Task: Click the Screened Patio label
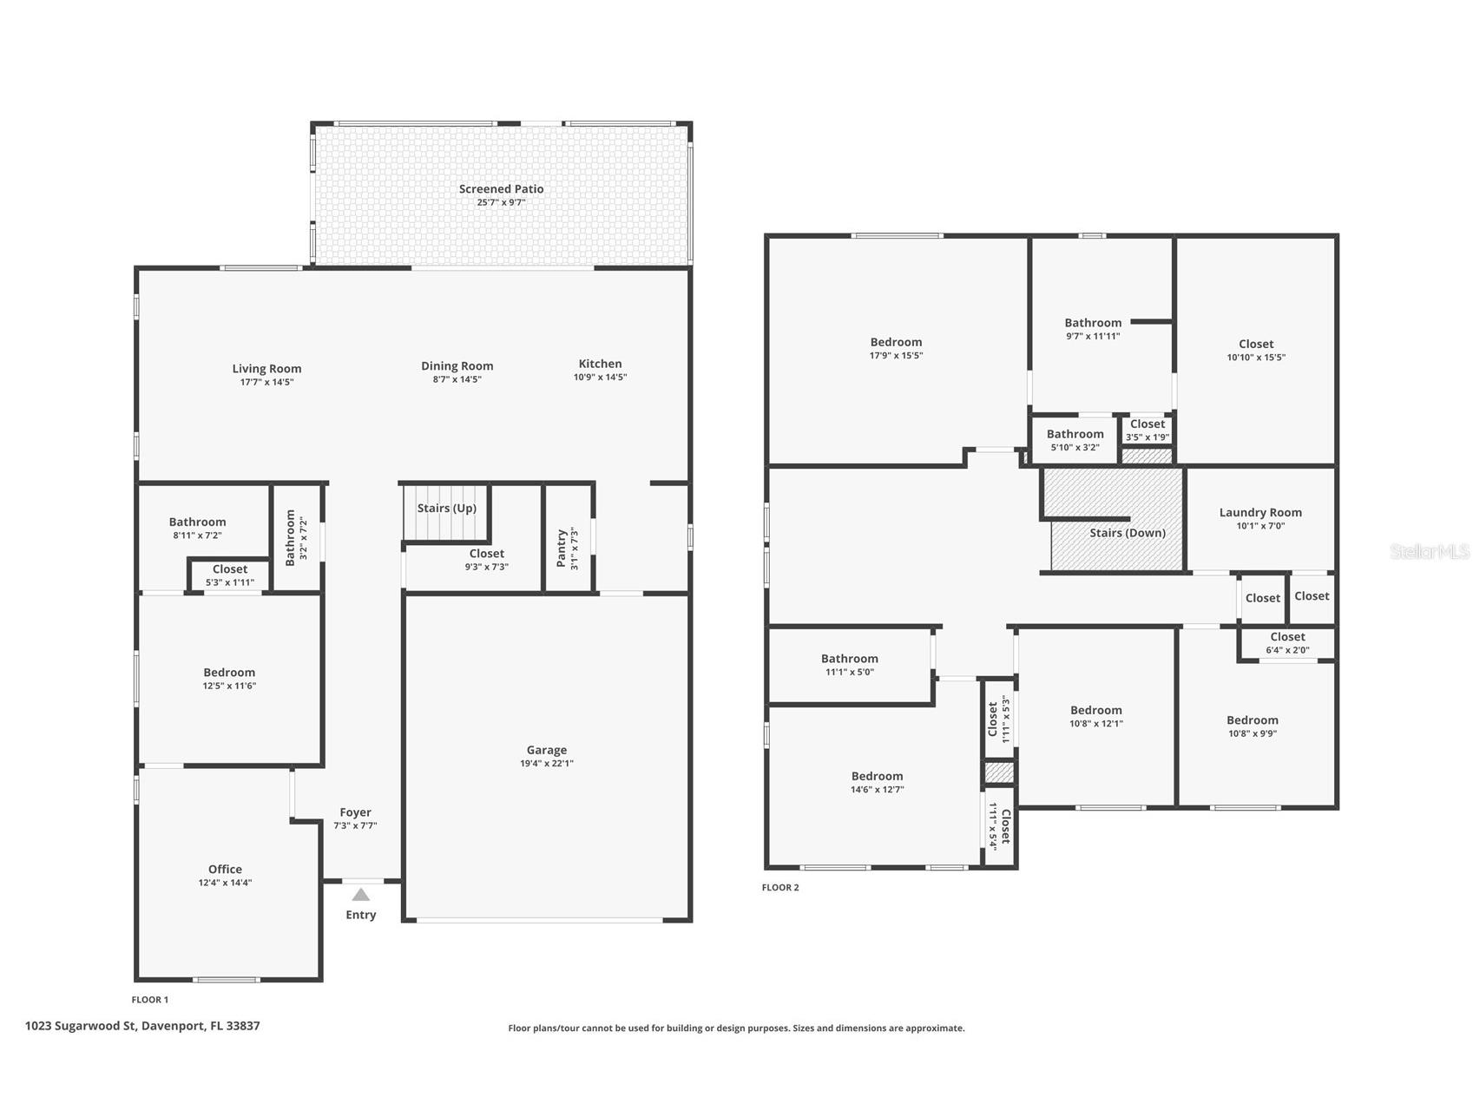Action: (x=501, y=189)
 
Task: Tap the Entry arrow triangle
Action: (x=361, y=895)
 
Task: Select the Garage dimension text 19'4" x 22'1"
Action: (x=546, y=764)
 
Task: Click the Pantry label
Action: (x=562, y=549)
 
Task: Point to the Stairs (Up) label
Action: (x=446, y=509)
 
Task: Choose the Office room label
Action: (x=225, y=870)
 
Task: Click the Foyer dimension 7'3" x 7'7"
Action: (x=355, y=826)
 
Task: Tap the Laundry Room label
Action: (x=1259, y=513)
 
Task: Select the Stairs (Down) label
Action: (x=1127, y=533)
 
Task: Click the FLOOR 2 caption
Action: (x=779, y=888)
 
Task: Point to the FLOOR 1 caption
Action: (x=150, y=1000)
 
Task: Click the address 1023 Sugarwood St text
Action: (x=142, y=1026)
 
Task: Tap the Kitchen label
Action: (x=600, y=365)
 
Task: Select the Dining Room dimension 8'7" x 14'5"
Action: (x=457, y=379)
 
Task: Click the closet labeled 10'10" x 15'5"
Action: (x=1255, y=351)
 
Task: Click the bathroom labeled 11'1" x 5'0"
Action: (x=849, y=665)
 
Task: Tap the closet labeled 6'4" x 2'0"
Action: (x=1287, y=643)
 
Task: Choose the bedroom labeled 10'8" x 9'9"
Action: (x=1252, y=726)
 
